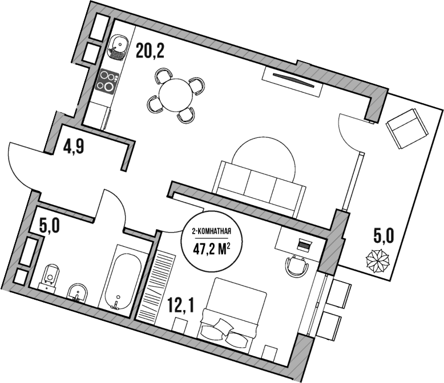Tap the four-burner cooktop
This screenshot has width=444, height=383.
click(107, 80)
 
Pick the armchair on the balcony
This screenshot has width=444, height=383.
click(407, 127)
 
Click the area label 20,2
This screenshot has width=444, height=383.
click(150, 52)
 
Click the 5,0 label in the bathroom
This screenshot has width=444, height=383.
click(49, 227)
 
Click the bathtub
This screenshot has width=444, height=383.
click(120, 278)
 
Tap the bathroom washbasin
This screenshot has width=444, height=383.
click(76, 293)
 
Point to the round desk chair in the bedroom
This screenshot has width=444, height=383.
click(296, 264)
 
